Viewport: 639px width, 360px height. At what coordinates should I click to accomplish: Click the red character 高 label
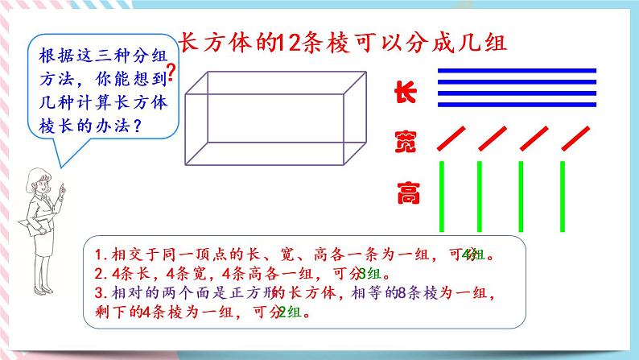click(405, 193)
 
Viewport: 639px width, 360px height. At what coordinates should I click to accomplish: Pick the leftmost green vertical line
click(442, 196)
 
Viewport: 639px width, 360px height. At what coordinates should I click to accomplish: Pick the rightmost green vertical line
click(562, 196)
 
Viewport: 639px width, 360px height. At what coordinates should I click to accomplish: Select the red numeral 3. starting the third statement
click(101, 292)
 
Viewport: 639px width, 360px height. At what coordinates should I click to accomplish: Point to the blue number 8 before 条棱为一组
click(405, 292)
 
